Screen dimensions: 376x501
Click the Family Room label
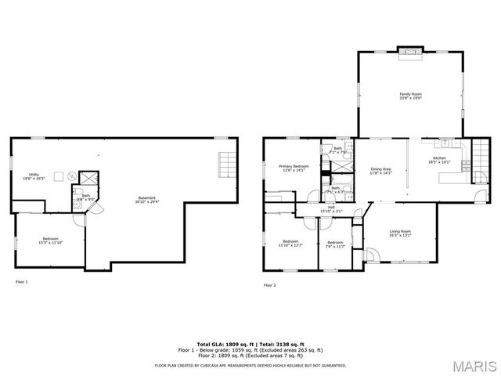[410, 96]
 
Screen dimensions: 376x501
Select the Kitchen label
[439, 161]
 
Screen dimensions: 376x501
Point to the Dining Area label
[381, 172]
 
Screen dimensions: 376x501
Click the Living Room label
[401, 233]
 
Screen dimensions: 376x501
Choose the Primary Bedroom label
[294, 168]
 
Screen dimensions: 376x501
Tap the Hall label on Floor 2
[332, 209]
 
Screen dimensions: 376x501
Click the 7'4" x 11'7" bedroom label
[335, 244]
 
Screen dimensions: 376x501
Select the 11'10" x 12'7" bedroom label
[290, 243]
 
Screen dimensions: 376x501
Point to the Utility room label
[34, 176]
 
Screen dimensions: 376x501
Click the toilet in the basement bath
[79, 192]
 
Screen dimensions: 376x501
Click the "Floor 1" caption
[21, 281]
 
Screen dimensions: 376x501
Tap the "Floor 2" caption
[270, 285]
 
